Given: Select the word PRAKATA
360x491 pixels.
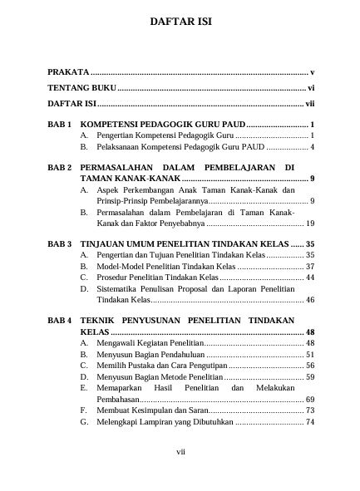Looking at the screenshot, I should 67,73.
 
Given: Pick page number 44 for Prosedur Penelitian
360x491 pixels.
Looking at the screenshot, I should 309,276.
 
